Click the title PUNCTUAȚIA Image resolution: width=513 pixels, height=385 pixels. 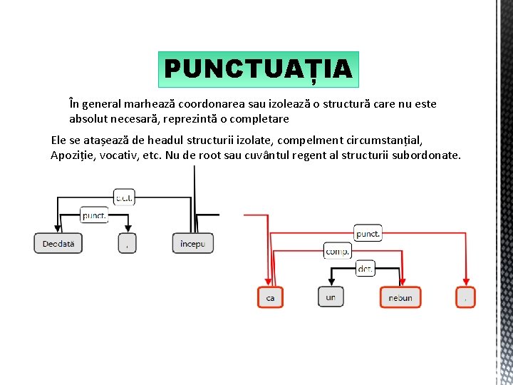click(x=258, y=69)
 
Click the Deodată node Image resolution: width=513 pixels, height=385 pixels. click(x=58, y=243)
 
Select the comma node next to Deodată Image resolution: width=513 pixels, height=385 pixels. click(x=127, y=243)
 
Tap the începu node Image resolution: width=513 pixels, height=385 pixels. click(x=192, y=243)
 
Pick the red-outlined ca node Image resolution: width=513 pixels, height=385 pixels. click(x=270, y=297)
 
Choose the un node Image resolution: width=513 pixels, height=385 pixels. click(x=331, y=297)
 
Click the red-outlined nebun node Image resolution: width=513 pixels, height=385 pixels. click(x=400, y=297)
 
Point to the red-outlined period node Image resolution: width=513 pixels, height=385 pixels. click(x=465, y=297)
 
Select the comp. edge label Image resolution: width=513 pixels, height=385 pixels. click(x=337, y=251)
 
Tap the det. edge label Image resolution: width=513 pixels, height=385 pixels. click(x=365, y=268)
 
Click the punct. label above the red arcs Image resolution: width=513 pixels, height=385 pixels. click(x=368, y=233)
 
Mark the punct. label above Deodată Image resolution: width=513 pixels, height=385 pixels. click(x=94, y=215)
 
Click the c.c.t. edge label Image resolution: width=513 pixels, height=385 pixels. click(x=124, y=197)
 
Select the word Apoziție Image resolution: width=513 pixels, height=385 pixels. click(x=73, y=155)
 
